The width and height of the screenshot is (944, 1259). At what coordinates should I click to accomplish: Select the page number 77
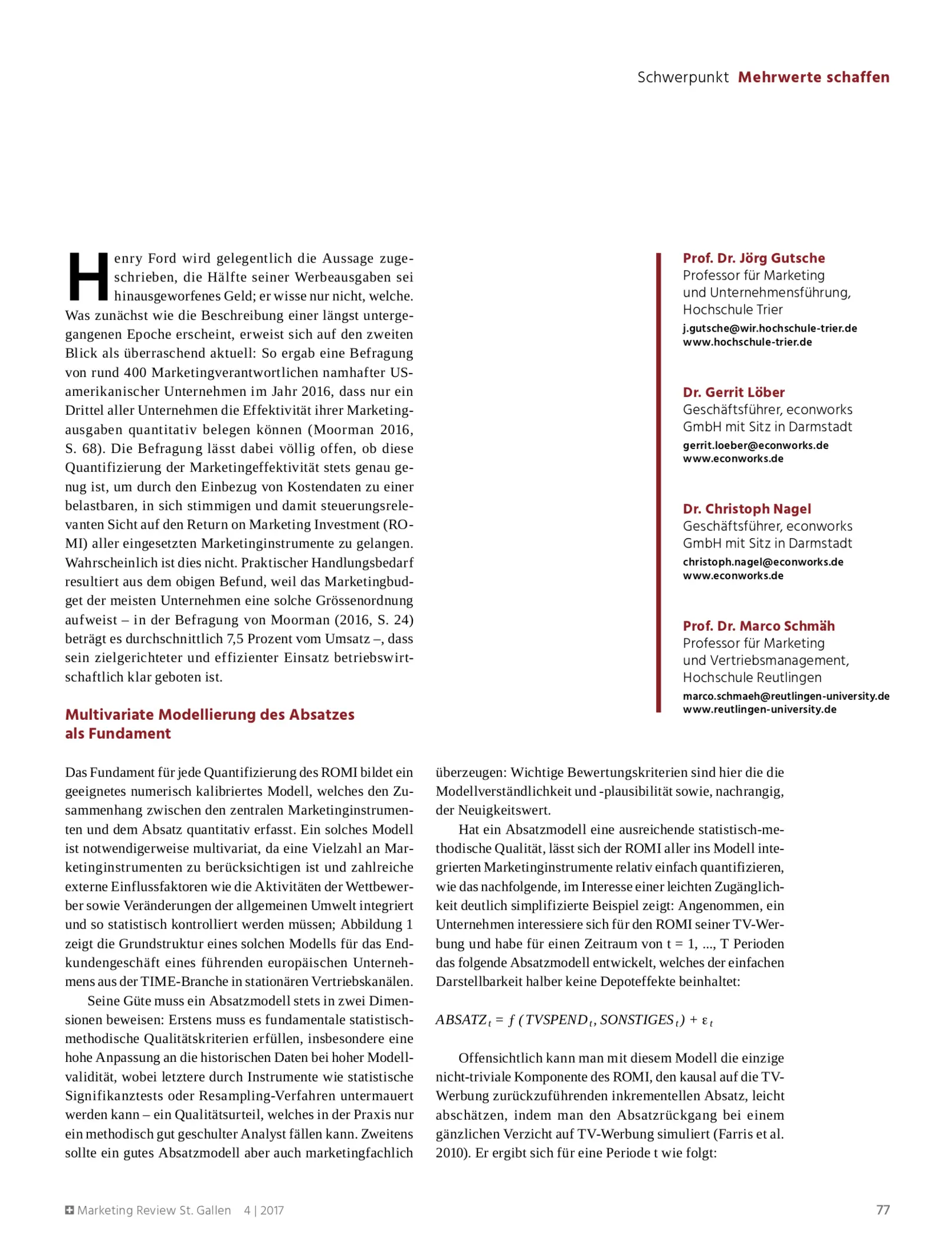(x=882, y=1209)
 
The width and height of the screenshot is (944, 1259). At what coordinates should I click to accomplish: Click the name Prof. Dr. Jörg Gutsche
(x=753, y=258)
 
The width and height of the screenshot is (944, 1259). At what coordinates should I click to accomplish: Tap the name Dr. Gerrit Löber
(x=733, y=392)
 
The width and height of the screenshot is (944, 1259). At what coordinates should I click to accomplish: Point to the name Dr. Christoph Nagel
(x=746, y=509)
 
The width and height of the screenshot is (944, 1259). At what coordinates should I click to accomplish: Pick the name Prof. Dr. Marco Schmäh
(x=758, y=626)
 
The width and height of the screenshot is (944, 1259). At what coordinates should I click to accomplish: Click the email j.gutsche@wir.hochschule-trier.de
(x=769, y=328)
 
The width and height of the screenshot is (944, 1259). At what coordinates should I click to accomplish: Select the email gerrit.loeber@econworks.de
(x=755, y=445)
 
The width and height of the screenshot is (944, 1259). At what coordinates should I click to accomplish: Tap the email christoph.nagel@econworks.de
(x=763, y=562)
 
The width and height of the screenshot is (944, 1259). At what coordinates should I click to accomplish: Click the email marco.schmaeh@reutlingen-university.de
(x=786, y=696)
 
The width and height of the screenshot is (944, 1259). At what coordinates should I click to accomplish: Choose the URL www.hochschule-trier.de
(x=747, y=342)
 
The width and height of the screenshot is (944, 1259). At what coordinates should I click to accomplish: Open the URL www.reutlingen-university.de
(x=759, y=709)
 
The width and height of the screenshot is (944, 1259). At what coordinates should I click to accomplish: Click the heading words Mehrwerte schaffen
(x=813, y=77)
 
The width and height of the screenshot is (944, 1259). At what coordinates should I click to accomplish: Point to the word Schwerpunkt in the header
(x=683, y=77)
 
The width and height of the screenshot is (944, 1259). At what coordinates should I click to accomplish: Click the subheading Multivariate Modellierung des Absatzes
(x=209, y=714)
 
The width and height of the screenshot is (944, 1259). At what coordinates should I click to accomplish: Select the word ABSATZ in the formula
(x=461, y=1019)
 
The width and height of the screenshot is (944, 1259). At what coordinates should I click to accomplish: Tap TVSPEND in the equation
(x=556, y=1019)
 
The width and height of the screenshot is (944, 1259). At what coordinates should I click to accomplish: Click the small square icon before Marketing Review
(x=70, y=1210)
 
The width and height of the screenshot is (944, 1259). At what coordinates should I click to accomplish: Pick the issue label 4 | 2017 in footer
(x=264, y=1210)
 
